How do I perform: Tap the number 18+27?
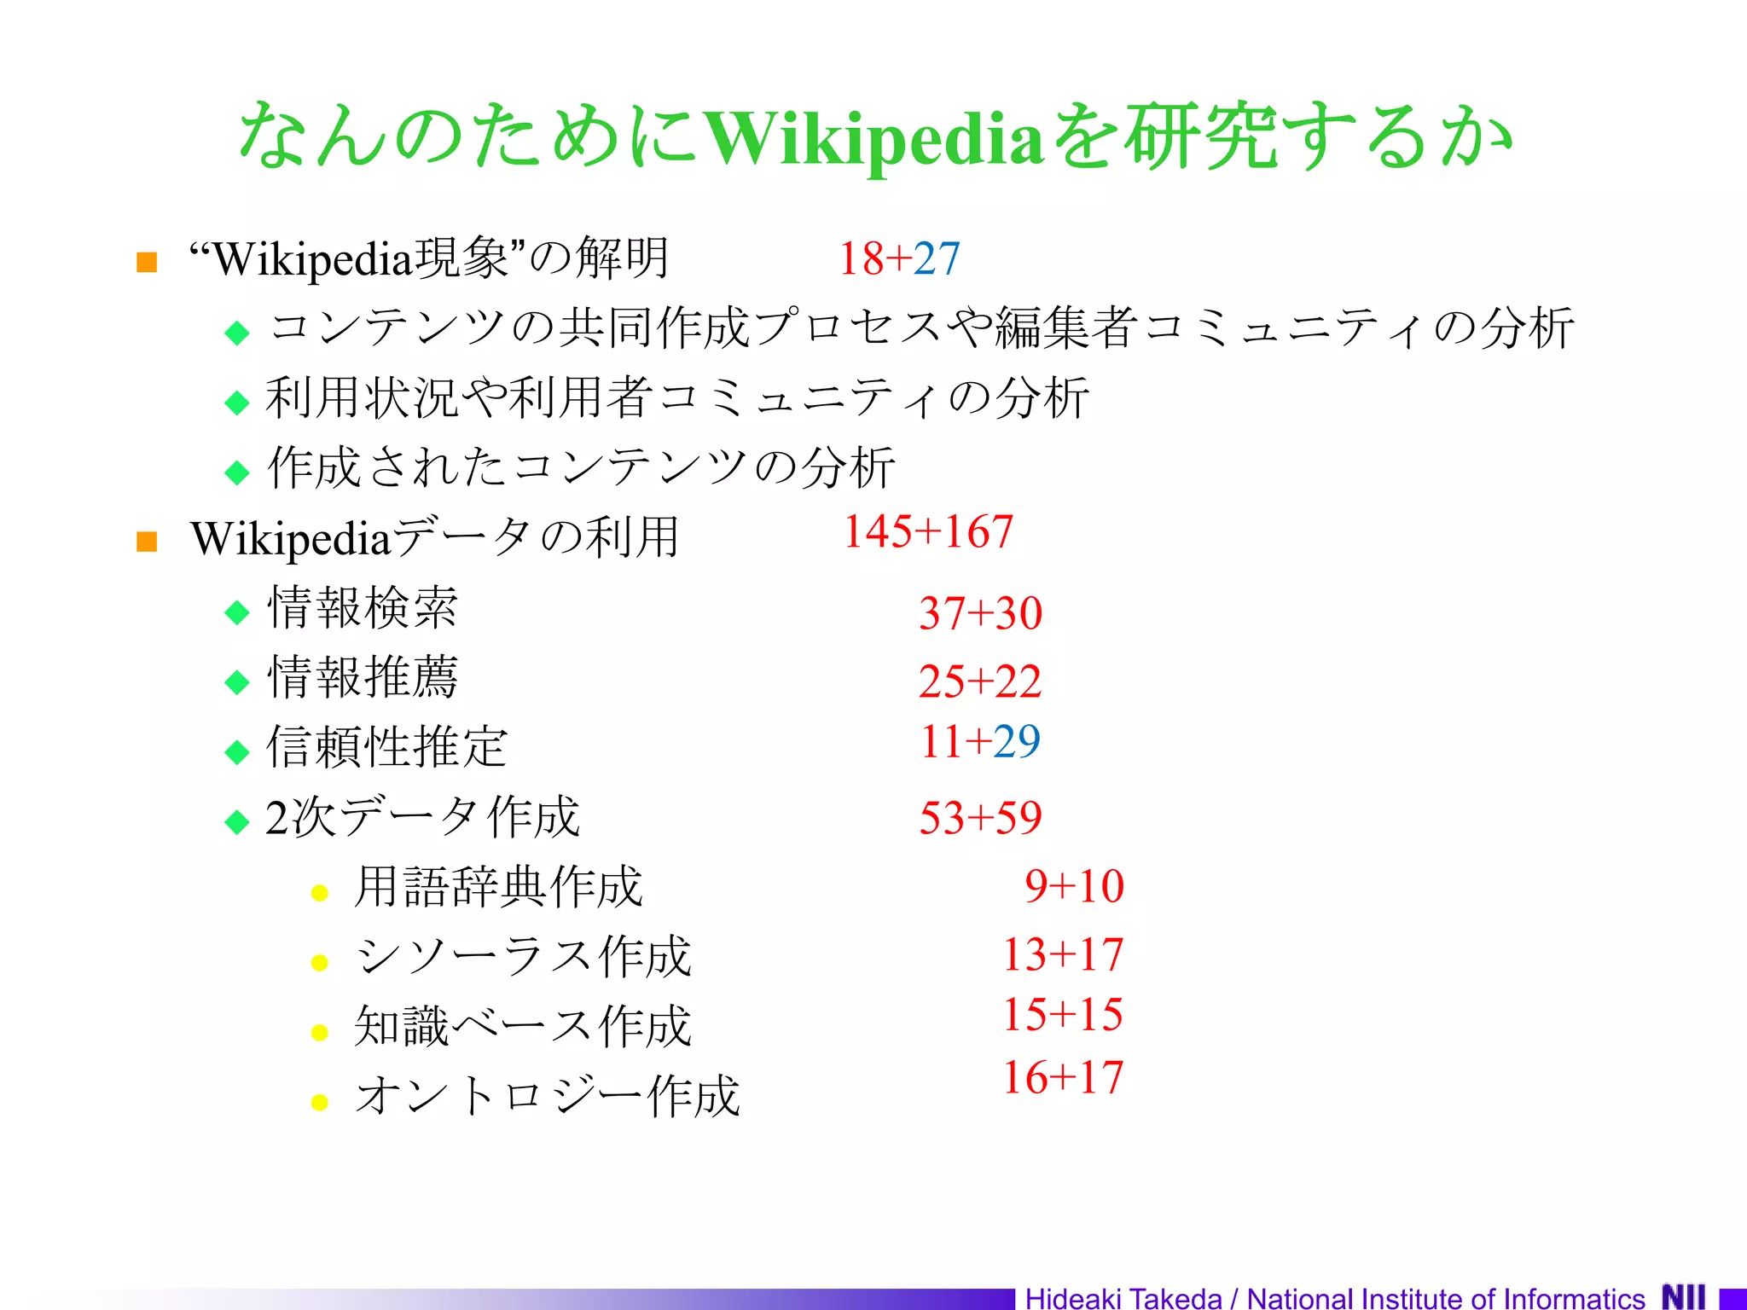(x=899, y=258)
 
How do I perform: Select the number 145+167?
(x=928, y=531)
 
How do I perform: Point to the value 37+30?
(x=980, y=613)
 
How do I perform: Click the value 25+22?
(x=980, y=681)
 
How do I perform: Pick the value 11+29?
(x=980, y=741)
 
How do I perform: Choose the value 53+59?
(x=980, y=818)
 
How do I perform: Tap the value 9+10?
(x=1074, y=886)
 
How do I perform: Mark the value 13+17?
(x=1063, y=954)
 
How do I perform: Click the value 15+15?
(x=1063, y=1015)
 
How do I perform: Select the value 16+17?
(x=1063, y=1077)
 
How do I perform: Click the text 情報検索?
(x=363, y=608)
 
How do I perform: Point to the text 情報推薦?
(x=363, y=678)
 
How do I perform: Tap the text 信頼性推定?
(x=387, y=747)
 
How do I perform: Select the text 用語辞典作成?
(x=498, y=887)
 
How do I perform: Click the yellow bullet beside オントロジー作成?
(x=320, y=1103)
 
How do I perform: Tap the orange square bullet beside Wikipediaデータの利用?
(x=147, y=542)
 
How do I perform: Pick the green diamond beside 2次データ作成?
(x=237, y=822)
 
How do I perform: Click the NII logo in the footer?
(x=1683, y=1296)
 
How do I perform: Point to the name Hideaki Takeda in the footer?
(x=1123, y=1298)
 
